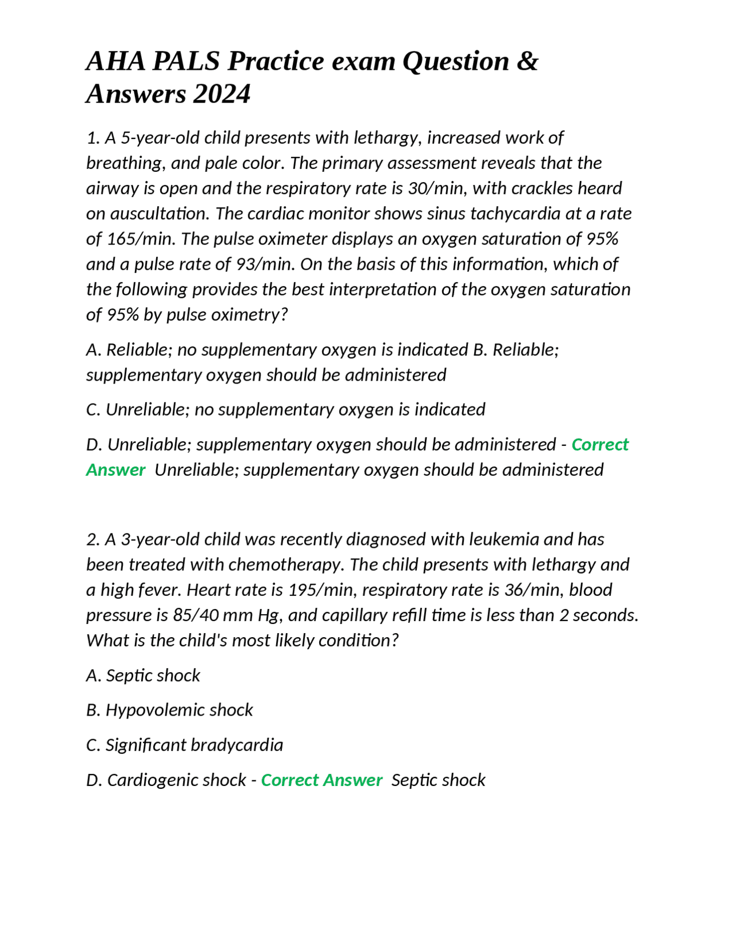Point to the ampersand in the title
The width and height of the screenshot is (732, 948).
point(527,61)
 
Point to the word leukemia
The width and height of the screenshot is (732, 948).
point(504,539)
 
